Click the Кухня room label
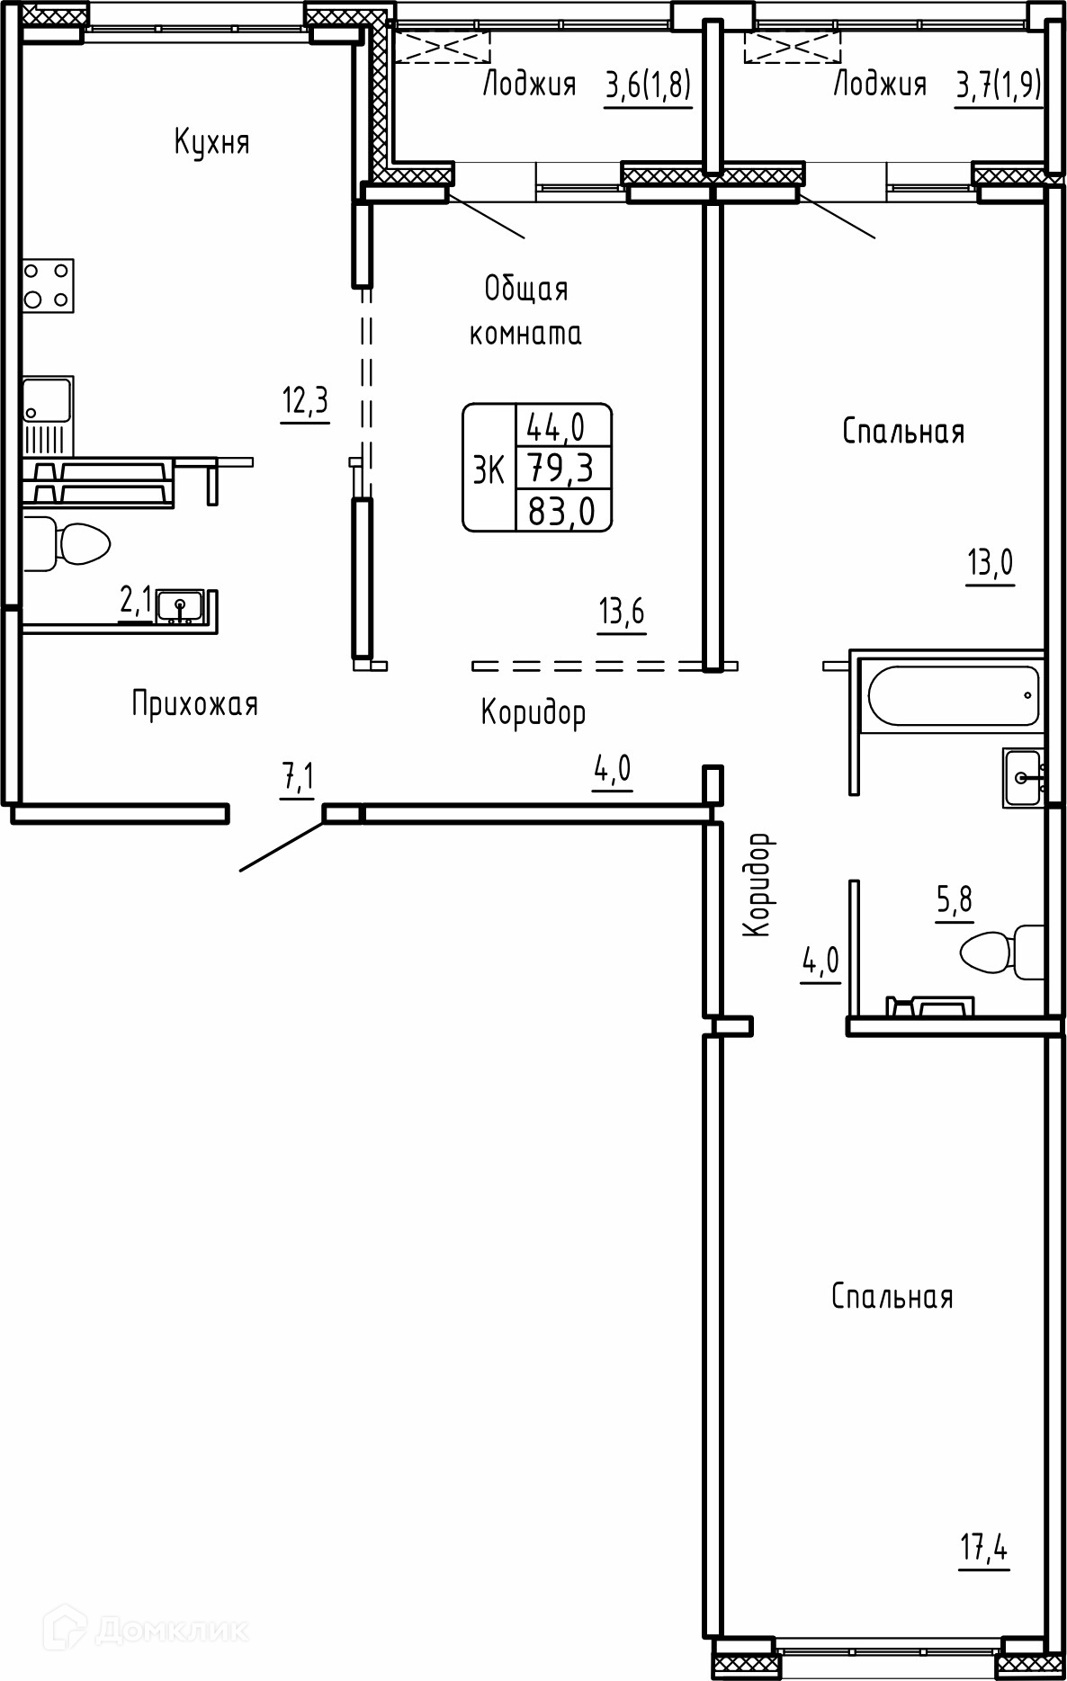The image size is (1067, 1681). point(211,142)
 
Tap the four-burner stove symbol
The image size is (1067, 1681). point(48,286)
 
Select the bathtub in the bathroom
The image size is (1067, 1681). point(952,695)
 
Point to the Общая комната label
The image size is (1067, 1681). point(526,311)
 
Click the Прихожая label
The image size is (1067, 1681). point(195,703)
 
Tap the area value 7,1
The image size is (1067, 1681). point(299,778)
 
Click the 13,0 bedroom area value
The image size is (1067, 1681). point(991,564)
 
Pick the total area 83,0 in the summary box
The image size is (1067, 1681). point(562,511)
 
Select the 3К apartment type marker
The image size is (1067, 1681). point(489,469)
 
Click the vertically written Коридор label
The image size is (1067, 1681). point(758,885)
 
